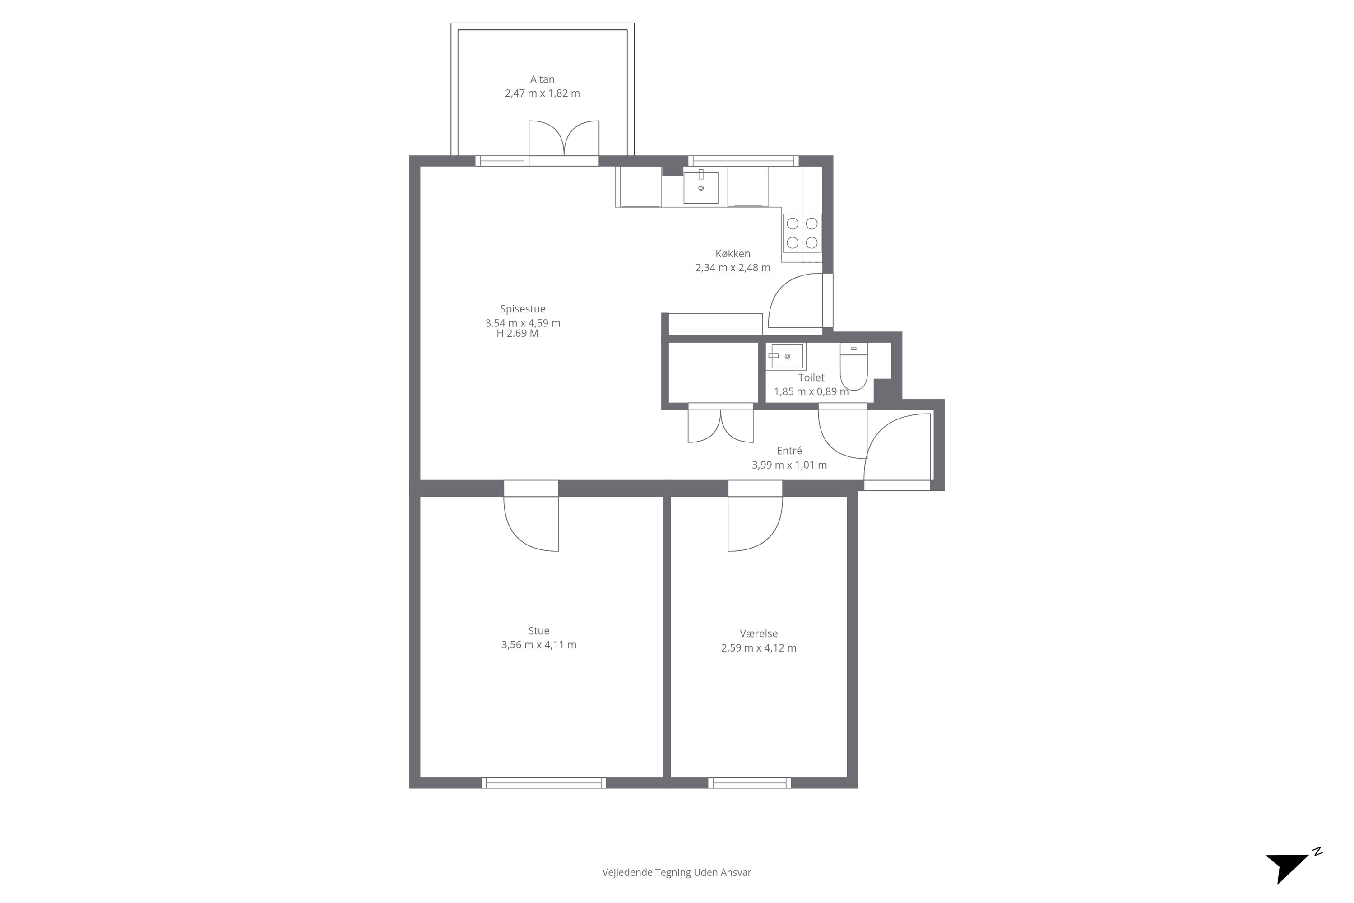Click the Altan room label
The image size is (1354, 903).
pyautogui.click(x=543, y=79)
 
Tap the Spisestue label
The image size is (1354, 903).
pyautogui.click(x=523, y=309)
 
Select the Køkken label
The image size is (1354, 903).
pyautogui.click(x=733, y=253)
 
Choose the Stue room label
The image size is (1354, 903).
pyautogui.click(x=539, y=631)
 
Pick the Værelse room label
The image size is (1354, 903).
pyautogui.click(x=759, y=633)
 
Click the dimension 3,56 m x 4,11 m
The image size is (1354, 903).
pyautogui.click(x=539, y=645)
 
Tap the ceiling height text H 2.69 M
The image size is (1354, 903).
pyautogui.click(x=518, y=334)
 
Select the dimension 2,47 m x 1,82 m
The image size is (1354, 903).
pyautogui.click(x=543, y=93)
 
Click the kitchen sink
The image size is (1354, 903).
pyautogui.click(x=700, y=187)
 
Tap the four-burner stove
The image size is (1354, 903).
pyautogui.click(x=802, y=233)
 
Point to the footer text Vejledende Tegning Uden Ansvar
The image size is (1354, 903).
pyautogui.click(x=677, y=872)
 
